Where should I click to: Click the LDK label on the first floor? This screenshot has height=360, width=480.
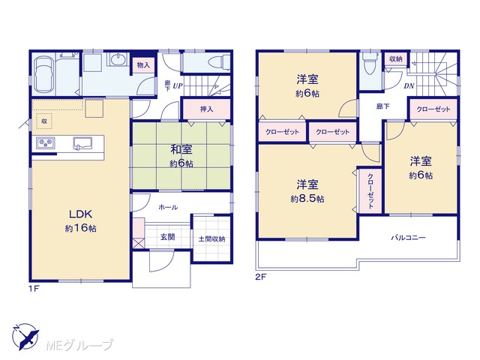pyautogui.click(x=81, y=214)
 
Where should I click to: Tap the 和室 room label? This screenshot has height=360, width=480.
pyautogui.click(x=181, y=150)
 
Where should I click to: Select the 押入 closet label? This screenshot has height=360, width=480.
pyautogui.click(x=207, y=109)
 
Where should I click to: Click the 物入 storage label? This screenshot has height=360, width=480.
pyautogui.click(x=143, y=65)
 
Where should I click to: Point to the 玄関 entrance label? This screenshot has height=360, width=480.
pyautogui.click(x=167, y=237)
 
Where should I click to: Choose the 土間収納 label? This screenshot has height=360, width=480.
pyautogui.click(x=211, y=238)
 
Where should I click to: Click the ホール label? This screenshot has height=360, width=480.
pyautogui.click(x=168, y=207)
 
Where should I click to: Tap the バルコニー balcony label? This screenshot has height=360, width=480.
pyautogui.click(x=409, y=238)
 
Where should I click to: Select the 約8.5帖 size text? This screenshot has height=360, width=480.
pyautogui.click(x=307, y=199)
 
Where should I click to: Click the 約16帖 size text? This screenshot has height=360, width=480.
pyautogui.click(x=80, y=228)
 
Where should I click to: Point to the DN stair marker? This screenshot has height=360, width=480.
pyautogui.click(x=409, y=86)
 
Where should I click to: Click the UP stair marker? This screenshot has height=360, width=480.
pyautogui.click(x=178, y=86)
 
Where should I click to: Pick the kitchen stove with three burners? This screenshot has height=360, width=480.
pyautogui.click(x=46, y=142)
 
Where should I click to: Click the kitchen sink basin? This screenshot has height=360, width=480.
pyautogui.click(x=82, y=143)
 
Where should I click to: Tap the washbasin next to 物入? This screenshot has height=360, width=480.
pyautogui.click(x=118, y=58)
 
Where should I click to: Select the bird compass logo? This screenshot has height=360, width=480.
pyautogui.click(x=25, y=337)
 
